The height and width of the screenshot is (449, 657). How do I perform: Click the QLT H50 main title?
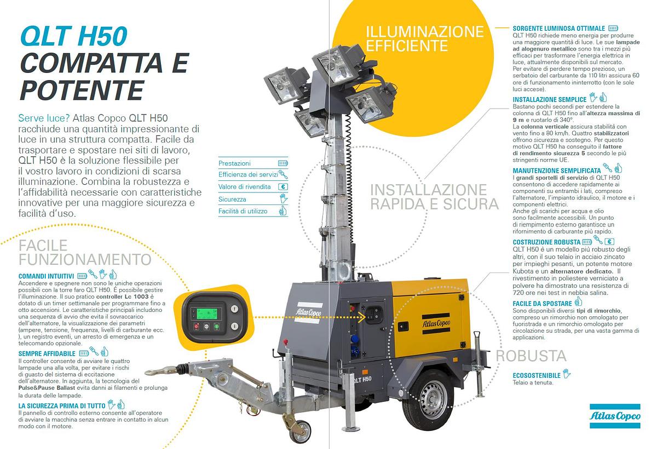pyautogui.click(x=73, y=37)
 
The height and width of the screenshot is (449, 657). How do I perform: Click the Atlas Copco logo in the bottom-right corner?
pyautogui.click(x=615, y=417)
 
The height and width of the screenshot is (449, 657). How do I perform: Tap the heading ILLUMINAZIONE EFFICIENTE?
pyautogui.click(x=424, y=38)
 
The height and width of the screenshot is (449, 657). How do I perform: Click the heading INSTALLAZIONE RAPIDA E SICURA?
pyautogui.click(x=435, y=197)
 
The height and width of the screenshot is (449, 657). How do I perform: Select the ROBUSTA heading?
pyautogui.click(x=531, y=356)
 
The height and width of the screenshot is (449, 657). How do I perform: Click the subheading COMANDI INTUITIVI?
pyautogui.click(x=46, y=275)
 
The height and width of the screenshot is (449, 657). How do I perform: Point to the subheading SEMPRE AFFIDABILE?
pyautogui.click(x=47, y=354)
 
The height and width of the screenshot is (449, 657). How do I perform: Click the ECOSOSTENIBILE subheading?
pyautogui.click(x=537, y=376)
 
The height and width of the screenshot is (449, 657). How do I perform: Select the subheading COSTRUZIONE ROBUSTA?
pyautogui.click(x=546, y=242)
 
